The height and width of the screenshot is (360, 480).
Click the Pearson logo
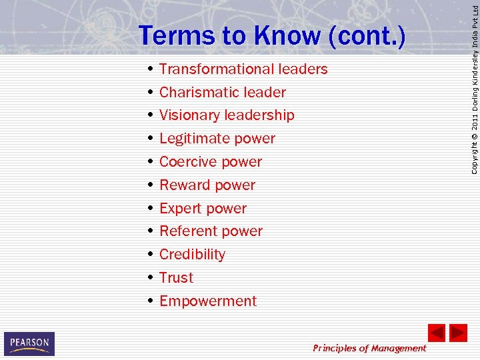pos(29,344)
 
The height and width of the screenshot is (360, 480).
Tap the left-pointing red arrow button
pos(436,333)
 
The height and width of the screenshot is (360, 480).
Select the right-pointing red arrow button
pos(458,333)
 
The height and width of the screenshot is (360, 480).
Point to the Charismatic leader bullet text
pos(223,93)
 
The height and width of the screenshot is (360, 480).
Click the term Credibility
pos(192,255)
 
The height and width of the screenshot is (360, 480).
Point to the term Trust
pos(176,278)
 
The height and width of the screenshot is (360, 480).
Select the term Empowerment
pos(208,301)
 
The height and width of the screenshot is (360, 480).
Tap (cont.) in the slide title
pos(367,36)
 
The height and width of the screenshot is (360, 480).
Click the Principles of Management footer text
pos(369,348)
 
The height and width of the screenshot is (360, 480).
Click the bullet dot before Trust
pos(152,277)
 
